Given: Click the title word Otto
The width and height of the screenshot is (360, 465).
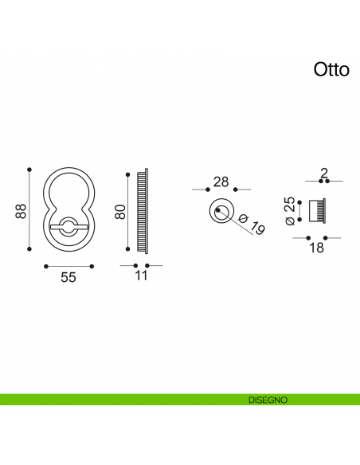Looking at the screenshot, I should click(x=331, y=70).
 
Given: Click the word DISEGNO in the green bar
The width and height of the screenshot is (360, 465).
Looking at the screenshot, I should click(x=267, y=400).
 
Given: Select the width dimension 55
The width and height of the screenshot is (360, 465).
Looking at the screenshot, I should click(x=68, y=278).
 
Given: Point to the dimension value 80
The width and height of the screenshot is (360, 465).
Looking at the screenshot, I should click(x=120, y=211).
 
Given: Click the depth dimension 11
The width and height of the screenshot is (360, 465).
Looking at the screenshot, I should click(x=141, y=276).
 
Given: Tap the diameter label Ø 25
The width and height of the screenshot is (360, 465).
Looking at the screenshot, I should click(x=291, y=209).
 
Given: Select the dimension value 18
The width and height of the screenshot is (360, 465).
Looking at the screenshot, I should click(x=316, y=248).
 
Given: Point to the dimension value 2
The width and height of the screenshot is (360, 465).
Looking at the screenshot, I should click(x=324, y=173).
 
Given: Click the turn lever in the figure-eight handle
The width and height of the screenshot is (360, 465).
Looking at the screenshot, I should click(x=67, y=227).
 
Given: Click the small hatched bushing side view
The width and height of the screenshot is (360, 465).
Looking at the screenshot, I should click(x=318, y=211).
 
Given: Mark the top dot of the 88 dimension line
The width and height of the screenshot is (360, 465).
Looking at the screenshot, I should click(x=29, y=169).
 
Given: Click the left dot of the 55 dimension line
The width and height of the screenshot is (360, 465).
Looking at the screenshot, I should click(x=46, y=265).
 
